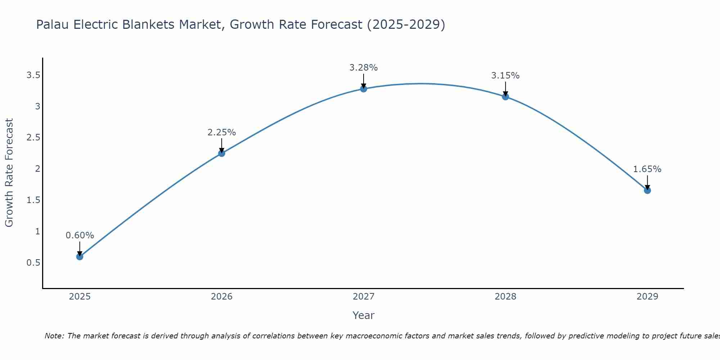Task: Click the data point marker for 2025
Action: (80, 257)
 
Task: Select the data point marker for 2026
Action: (221, 153)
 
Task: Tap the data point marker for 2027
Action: (364, 89)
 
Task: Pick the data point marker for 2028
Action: (505, 96)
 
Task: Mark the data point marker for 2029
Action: (647, 190)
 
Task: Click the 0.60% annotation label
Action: (80, 235)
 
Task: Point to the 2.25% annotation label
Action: (221, 132)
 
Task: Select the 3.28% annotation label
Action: (364, 68)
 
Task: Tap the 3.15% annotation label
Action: (505, 76)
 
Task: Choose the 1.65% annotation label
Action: (647, 169)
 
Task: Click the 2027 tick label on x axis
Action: (364, 297)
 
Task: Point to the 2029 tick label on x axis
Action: (647, 297)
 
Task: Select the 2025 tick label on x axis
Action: (80, 297)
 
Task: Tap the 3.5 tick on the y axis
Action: (33, 75)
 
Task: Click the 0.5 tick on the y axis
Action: (33, 263)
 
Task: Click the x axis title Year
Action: (364, 315)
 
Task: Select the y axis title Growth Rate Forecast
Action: (9, 173)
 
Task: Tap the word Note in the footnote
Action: (54, 336)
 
